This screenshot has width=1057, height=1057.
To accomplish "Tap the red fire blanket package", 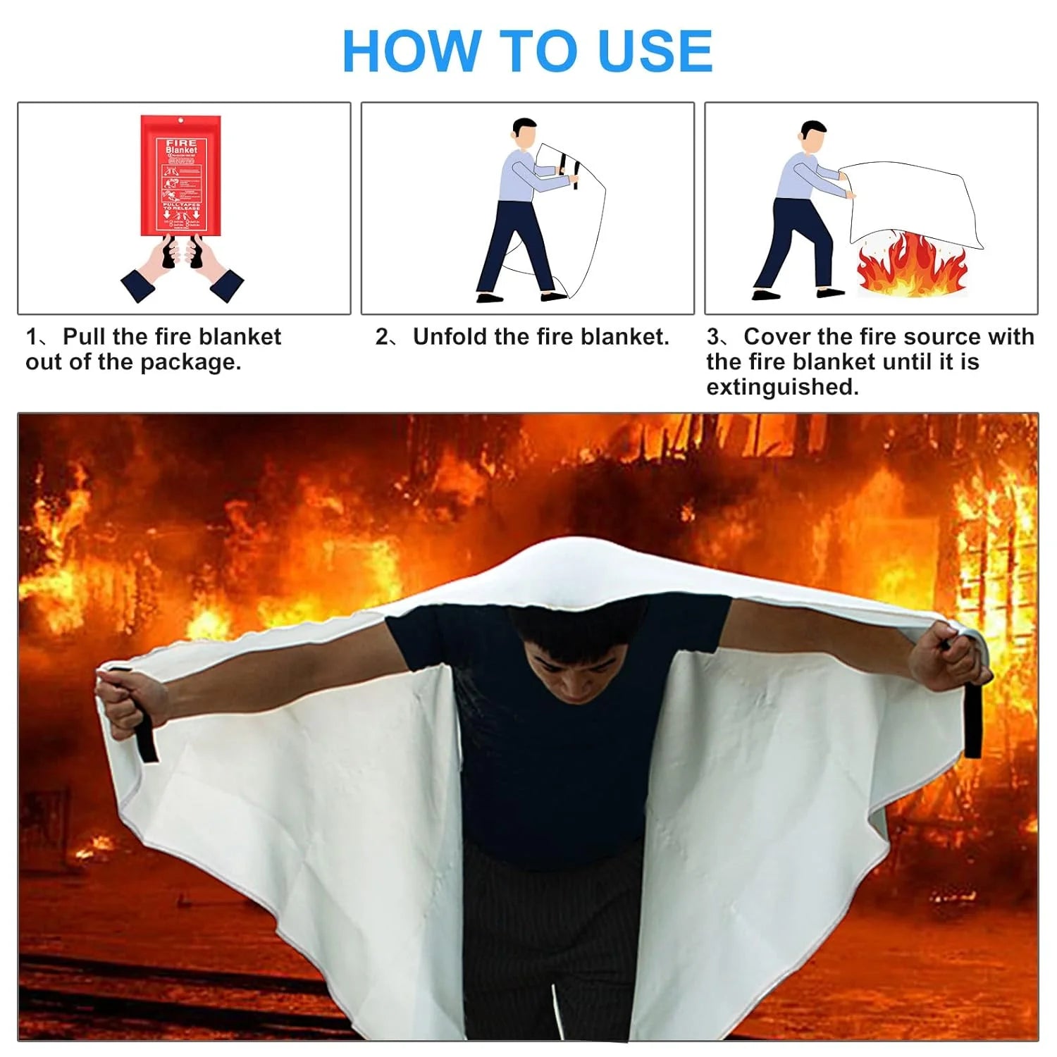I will click(181, 176).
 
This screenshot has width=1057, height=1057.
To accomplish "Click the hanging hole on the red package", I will click(181, 121).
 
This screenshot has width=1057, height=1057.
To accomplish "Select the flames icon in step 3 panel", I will click(913, 266).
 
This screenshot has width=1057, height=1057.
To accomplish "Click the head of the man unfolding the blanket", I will click(525, 132).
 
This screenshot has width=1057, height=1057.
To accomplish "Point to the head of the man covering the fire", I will click(814, 135).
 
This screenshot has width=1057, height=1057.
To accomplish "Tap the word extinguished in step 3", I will click(782, 387).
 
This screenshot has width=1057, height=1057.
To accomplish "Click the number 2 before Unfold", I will click(381, 337).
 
